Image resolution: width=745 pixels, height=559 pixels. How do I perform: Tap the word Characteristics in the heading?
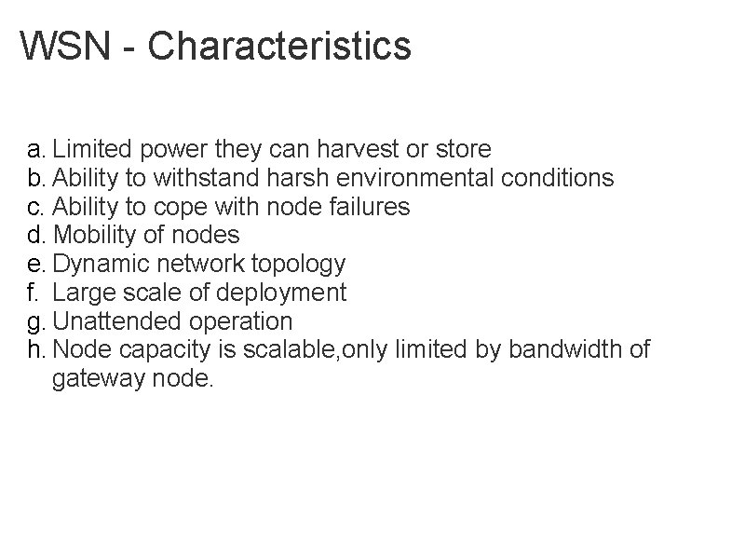(279, 46)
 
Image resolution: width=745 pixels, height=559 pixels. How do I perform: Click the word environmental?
(386, 178)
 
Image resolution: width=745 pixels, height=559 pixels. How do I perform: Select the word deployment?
(280, 293)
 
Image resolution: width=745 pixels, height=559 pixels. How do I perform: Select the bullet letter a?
(34, 150)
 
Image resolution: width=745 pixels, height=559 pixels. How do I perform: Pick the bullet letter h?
(34, 350)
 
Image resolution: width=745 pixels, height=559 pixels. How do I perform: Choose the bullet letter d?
(34, 235)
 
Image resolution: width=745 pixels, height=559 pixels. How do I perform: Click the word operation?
(241, 322)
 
